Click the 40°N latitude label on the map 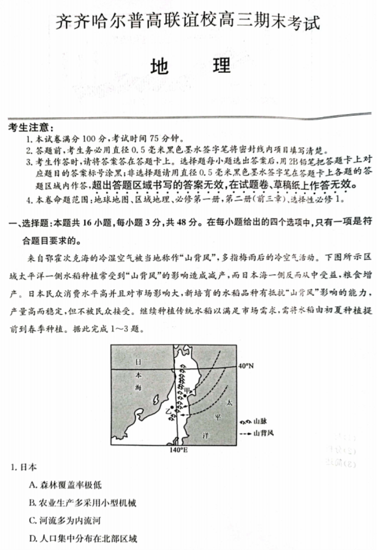point(246,366)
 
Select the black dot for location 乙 point(171,407)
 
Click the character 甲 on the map point(188,390)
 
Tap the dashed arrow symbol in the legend point(245,433)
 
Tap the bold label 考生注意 point(30,127)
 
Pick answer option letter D point(33,539)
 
